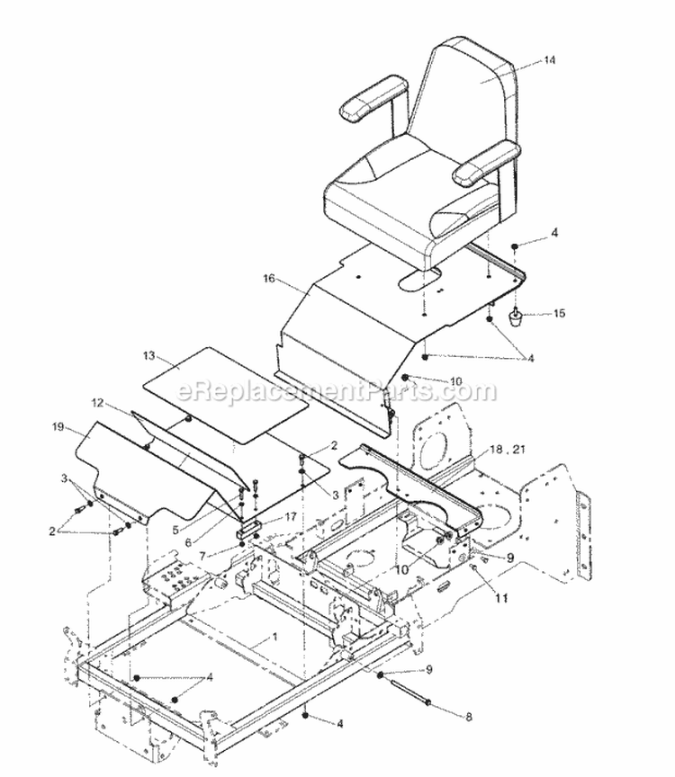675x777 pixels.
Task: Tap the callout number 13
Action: tap(148, 356)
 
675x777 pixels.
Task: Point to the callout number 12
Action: tap(97, 403)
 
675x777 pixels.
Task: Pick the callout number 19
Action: tap(59, 432)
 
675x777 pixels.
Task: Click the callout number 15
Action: tap(558, 314)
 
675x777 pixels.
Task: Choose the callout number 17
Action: tap(291, 516)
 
